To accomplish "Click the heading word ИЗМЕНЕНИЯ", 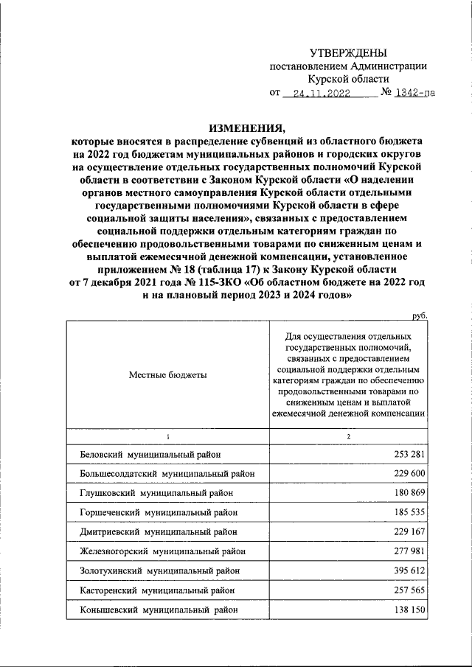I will click(x=246, y=125).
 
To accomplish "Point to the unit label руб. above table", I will click(x=420, y=315).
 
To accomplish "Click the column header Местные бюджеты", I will click(x=168, y=374).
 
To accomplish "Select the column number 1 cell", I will click(x=168, y=436).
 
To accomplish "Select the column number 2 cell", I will click(x=348, y=436).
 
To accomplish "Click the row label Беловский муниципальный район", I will click(x=150, y=455).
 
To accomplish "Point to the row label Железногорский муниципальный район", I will click(x=162, y=551).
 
